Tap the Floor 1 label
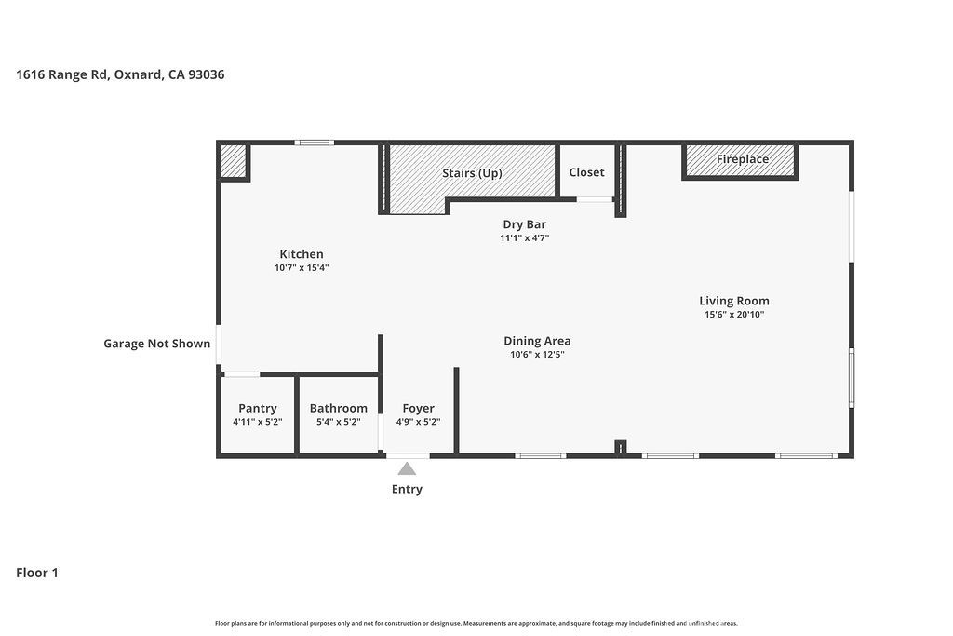click(x=37, y=573)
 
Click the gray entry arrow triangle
click(x=407, y=468)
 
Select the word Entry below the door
click(x=407, y=489)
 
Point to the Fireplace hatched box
click(x=741, y=159)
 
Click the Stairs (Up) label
click(x=472, y=173)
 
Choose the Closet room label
click(x=586, y=172)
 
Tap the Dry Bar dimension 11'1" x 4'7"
click(x=524, y=238)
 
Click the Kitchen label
click(x=302, y=254)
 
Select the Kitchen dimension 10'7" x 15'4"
click(x=302, y=268)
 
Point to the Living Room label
click(x=734, y=301)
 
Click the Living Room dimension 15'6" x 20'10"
click(x=734, y=315)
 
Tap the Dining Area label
click(x=537, y=341)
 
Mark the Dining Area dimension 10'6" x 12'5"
click(x=537, y=355)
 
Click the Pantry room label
click(x=258, y=408)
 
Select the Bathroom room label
click(x=338, y=408)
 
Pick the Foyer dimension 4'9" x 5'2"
click(x=418, y=422)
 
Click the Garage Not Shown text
click(x=156, y=344)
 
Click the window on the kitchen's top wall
click(x=315, y=142)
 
